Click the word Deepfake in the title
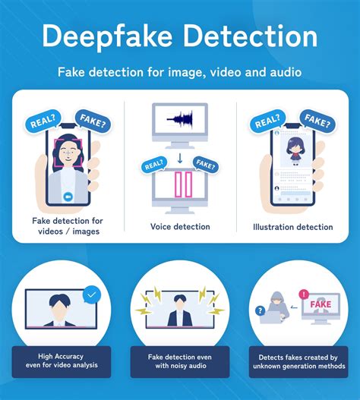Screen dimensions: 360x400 (108, 37)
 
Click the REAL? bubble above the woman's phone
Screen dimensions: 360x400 (43, 121)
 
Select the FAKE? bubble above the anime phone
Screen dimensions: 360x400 (317, 121)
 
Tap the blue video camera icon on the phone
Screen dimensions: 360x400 (68, 197)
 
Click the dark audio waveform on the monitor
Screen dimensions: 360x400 (179, 118)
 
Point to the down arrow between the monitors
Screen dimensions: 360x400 (180, 158)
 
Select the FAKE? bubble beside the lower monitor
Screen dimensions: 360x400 (206, 165)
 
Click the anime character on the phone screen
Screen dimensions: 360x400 (295, 151)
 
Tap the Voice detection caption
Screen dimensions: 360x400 (180, 226)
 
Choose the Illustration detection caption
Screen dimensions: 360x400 (293, 227)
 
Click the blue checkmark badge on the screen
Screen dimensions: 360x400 (92, 295)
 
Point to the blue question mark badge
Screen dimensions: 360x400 (260, 310)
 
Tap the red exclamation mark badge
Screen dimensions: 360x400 (304, 294)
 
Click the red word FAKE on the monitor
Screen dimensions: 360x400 (321, 304)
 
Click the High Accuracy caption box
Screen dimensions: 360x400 (62, 361)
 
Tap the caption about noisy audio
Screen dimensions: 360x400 (180, 361)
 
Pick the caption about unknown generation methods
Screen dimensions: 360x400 (298, 361)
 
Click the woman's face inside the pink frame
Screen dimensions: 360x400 (68, 153)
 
